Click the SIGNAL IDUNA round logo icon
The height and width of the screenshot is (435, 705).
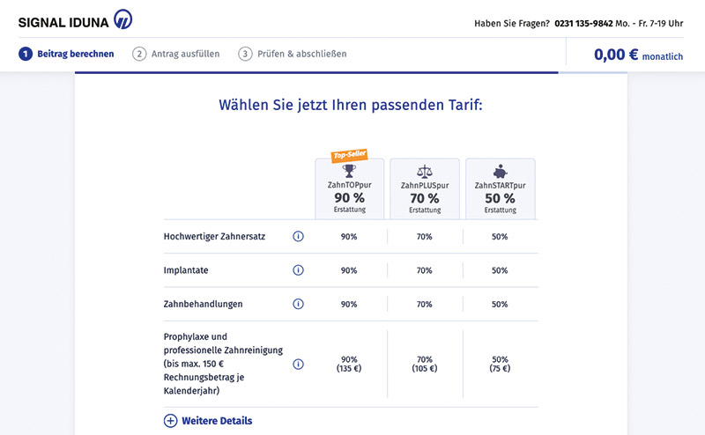coord(122,19)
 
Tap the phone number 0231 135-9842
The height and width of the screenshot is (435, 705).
coord(583,24)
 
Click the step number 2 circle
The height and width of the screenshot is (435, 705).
coord(139,54)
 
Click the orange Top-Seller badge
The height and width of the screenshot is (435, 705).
coord(349,155)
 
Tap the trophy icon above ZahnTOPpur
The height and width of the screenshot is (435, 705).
coord(349,171)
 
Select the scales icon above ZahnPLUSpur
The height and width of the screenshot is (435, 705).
coord(425,171)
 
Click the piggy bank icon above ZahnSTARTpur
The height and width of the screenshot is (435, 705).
coord(500,171)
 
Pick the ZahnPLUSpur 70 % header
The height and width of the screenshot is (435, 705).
coord(425,198)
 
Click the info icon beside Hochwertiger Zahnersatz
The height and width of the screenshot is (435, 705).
coord(298,236)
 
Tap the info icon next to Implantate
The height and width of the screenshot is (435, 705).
coord(298,270)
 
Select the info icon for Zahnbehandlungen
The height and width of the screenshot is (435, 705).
coord(298,304)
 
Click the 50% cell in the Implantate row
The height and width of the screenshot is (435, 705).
coord(500,270)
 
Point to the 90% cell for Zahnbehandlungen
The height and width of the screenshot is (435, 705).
coord(349,304)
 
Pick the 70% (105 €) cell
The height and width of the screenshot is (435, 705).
coord(425,364)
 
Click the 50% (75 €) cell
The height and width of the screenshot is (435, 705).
coord(500,364)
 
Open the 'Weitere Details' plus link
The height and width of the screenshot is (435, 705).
coord(208,421)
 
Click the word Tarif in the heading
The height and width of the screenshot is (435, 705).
coord(465,105)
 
